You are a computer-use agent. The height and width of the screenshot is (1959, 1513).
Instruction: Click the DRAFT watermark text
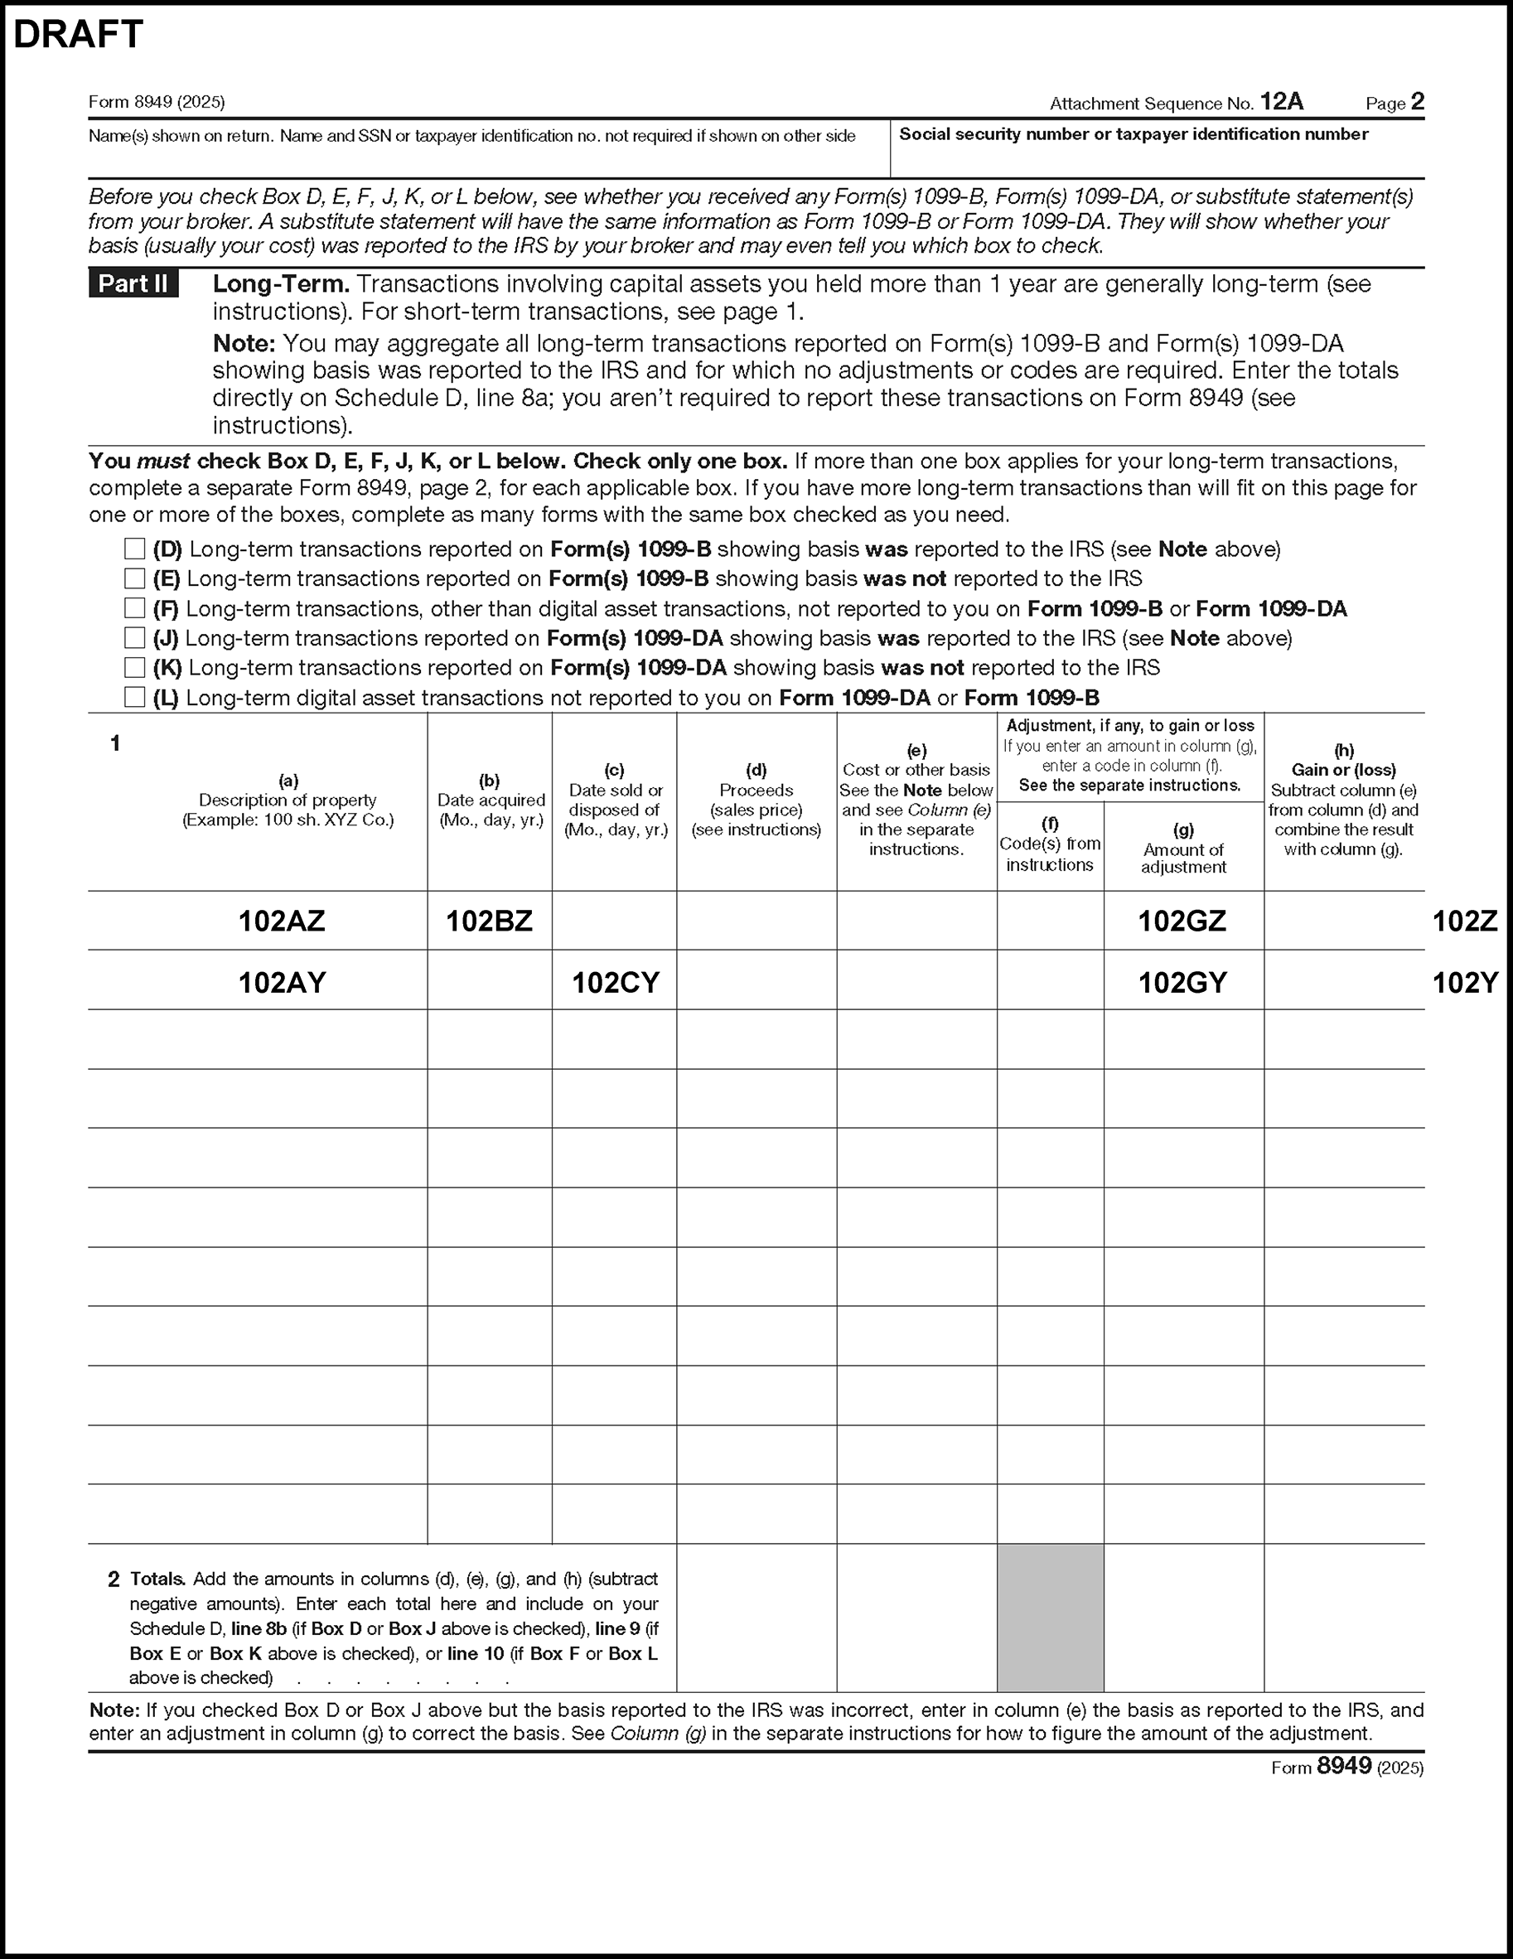tap(78, 35)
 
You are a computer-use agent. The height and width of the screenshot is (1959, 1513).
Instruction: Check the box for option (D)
tap(134, 548)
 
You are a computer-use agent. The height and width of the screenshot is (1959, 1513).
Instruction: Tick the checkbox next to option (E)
tap(134, 578)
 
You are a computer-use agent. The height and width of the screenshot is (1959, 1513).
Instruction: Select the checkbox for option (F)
tap(134, 608)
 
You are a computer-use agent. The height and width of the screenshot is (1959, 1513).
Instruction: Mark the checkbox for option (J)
tap(134, 638)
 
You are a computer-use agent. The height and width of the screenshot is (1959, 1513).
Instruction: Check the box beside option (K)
tap(134, 667)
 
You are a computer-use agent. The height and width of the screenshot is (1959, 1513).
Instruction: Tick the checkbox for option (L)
tap(134, 697)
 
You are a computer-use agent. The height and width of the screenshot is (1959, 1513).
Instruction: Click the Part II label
tap(133, 283)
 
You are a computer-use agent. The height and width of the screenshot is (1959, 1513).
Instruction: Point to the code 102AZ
tap(282, 921)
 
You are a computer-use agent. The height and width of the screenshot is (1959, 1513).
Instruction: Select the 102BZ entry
tap(490, 921)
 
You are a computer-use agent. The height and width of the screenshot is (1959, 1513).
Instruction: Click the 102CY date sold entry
tap(616, 983)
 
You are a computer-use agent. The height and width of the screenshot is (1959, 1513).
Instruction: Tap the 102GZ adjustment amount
tap(1182, 921)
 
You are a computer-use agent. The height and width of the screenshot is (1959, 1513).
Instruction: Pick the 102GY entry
tap(1182, 983)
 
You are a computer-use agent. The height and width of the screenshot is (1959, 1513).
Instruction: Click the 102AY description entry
tap(282, 983)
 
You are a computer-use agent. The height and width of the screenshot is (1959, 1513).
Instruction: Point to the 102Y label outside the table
tap(1466, 983)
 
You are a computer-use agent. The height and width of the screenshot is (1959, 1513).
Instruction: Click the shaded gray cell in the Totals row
tap(1050, 1618)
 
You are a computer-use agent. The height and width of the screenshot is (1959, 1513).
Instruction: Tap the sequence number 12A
tap(1282, 102)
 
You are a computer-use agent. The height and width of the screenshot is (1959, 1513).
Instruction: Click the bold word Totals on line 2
tap(158, 1579)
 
